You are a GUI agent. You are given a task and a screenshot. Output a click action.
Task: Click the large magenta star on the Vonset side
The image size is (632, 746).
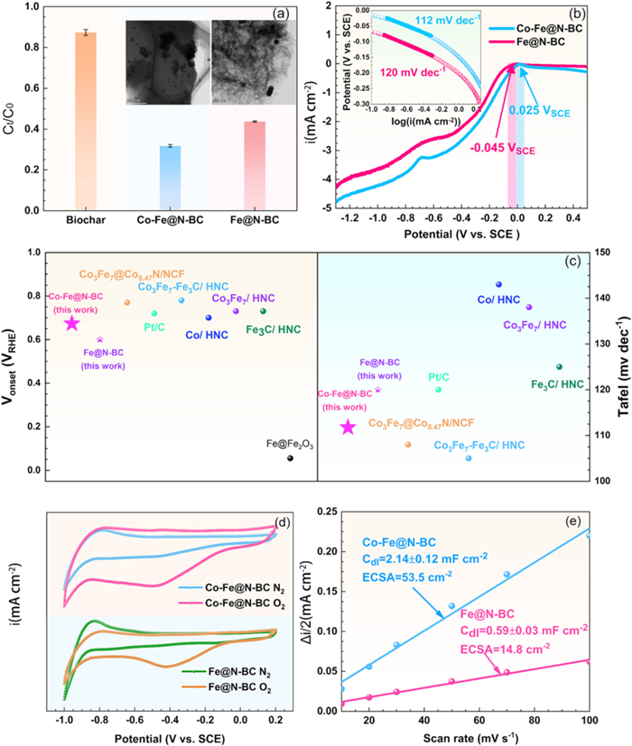point(71,323)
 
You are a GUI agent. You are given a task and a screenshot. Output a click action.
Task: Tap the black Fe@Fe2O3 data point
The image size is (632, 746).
point(290,458)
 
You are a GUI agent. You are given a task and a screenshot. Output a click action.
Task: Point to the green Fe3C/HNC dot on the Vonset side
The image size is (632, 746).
point(263,311)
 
